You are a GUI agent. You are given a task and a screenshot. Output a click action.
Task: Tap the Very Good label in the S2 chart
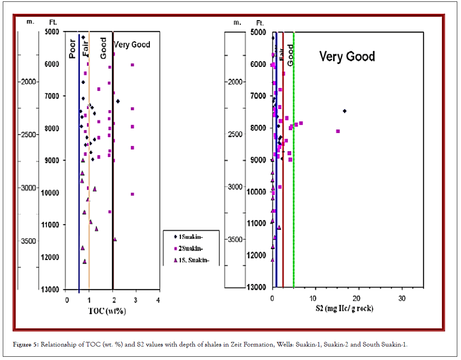coord(347,57)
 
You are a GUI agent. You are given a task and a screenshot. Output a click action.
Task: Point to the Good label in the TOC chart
coord(103,48)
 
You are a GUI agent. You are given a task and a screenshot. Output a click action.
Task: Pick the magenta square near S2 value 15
coord(338,131)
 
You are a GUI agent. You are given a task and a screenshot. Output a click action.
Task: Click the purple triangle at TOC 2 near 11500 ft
coord(115,239)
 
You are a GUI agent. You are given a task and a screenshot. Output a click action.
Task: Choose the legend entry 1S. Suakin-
coord(191,260)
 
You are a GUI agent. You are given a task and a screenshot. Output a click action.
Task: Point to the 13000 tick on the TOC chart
coord(55,289)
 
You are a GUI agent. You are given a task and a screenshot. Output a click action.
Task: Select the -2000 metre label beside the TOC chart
coord(27,82)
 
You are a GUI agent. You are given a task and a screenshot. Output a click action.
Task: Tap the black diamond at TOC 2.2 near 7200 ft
coord(118,101)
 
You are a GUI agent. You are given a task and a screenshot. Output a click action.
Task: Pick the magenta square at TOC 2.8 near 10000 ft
coord(132,194)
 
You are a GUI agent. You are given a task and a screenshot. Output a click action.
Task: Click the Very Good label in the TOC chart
coord(132,45)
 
